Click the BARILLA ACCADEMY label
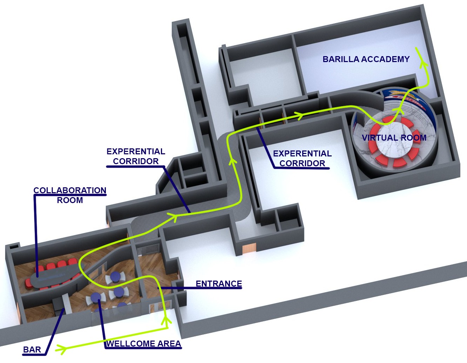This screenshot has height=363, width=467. click(366, 59)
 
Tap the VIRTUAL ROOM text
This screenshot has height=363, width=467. click(394, 138)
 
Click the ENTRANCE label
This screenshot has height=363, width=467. click(219, 284)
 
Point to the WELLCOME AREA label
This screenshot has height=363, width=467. click(143, 344)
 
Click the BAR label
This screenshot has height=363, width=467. click(32, 350)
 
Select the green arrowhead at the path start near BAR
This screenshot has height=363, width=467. click(61, 350)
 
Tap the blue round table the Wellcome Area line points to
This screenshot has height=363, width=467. click(96, 297)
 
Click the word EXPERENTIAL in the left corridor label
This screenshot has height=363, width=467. click(136, 152)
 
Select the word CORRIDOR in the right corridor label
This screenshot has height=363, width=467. click(302, 163)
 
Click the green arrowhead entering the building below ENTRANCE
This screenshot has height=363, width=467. click(166, 321)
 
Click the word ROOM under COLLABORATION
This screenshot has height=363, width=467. click(70, 200)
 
